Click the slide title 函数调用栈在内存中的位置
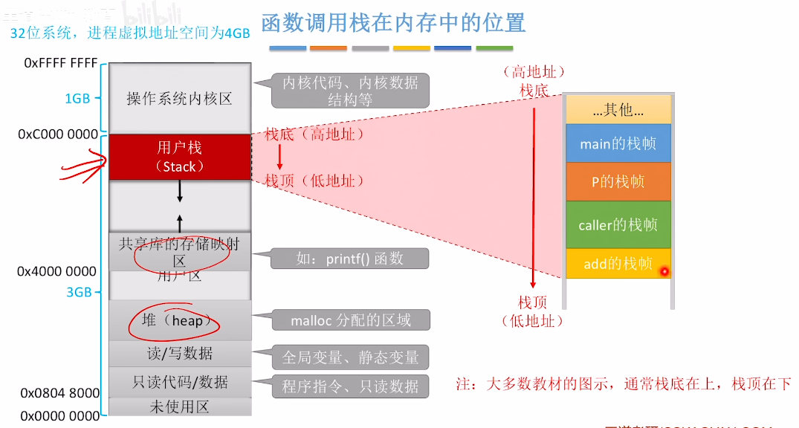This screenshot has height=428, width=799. coord(393,22)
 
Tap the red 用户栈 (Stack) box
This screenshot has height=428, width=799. coord(180,157)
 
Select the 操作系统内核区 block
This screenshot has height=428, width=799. coord(180,98)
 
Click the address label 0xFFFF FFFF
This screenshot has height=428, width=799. coord(61,63)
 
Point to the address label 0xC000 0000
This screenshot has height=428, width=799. coord(59,134)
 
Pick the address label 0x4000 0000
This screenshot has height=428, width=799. coord(57,272)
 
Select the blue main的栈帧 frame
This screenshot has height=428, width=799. coord(618,144)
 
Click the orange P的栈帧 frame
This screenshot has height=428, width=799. coord(618,182)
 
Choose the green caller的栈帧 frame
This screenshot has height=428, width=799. coord(618,224)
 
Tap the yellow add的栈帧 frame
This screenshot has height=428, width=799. coord(618,264)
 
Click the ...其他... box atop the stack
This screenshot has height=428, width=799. coord(618,109)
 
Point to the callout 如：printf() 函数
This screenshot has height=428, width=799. coord(349,259)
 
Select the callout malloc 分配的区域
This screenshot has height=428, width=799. coord(350,320)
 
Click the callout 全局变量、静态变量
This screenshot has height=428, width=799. coord(350,357)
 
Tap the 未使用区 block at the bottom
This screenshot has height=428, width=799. coord(180,406)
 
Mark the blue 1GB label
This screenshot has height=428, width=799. coord(77,99)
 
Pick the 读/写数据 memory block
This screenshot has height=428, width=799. coord(180,352)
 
